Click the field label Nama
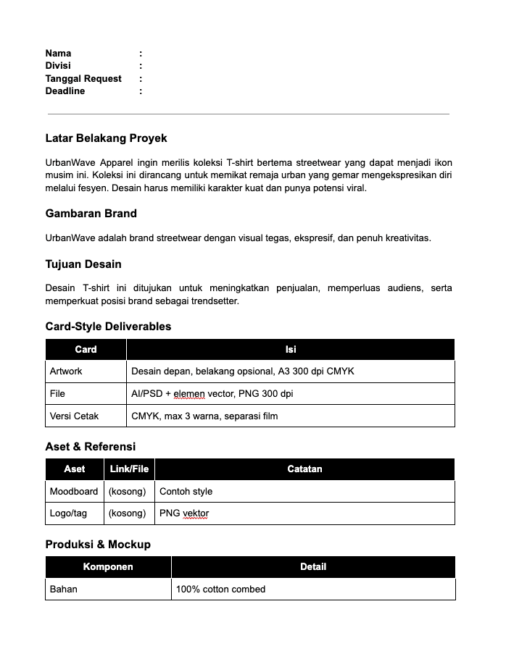coord(58,53)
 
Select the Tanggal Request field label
coord(83,78)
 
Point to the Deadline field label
coord(65,91)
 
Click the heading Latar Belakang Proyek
coord(106,138)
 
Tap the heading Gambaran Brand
coord(91,213)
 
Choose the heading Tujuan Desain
coord(83,264)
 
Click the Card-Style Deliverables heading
coord(108,326)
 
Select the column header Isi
coord(290,349)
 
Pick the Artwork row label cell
coord(66,371)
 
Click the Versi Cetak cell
coord(74,416)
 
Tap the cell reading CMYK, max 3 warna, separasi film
coord(204,416)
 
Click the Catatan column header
coord(304,469)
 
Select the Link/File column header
coord(129,469)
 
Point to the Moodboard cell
coord(74,491)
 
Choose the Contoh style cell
coord(186,491)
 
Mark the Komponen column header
coord(108,566)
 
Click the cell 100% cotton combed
coord(220,589)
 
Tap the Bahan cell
coord(64,589)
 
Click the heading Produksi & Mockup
coord(98,544)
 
